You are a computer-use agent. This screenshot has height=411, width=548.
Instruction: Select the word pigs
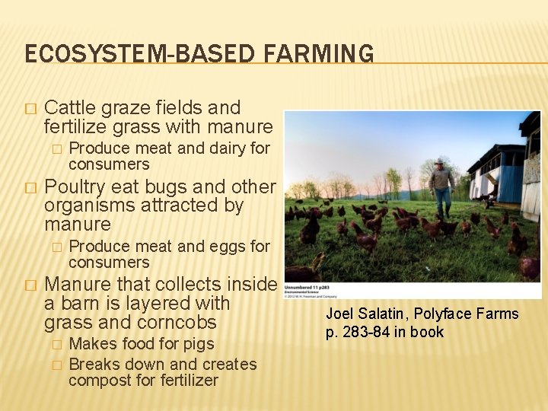197,344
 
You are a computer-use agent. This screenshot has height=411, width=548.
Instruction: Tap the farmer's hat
440,161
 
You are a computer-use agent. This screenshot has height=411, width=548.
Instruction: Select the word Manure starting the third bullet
76,284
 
